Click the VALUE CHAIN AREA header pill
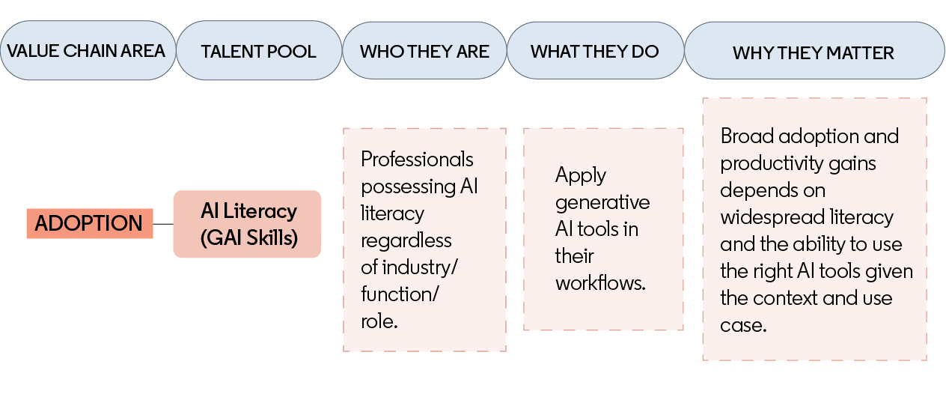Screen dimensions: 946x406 [x=88, y=50]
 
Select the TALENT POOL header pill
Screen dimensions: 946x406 [x=259, y=50]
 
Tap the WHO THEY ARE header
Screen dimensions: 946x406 [x=424, y=51]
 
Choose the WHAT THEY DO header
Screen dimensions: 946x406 [x=595, y=51]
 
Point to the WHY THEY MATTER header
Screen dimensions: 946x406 [x=814, y=51]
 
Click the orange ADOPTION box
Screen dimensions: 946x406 [x=90, y=223]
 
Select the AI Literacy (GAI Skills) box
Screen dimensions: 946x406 [x=248, y=224]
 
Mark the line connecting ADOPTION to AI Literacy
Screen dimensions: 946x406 [x=163, y=224]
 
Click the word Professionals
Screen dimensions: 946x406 [x=417, y=160]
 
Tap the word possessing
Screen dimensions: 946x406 [x=408, y=187]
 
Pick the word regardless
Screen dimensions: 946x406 [x=406, y=241]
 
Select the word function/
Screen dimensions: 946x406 [x=400, y=294]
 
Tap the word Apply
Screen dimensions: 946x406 [x=581, y=175]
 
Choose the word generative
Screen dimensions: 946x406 [x=602, y=203]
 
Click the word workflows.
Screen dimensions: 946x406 [x=600, y=282]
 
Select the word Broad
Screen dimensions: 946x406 [x=747, y=136]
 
